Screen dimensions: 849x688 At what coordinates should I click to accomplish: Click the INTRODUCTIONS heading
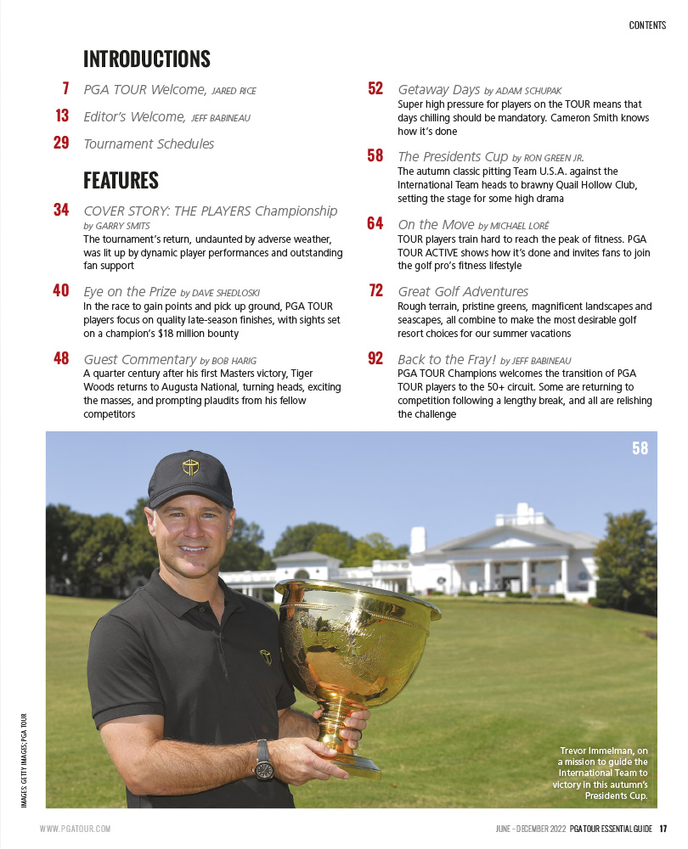click(x=146, y=59)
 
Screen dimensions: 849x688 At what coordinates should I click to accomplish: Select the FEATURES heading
click(x=121, y=181)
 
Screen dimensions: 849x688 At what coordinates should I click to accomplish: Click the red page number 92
click(x=375, y=359)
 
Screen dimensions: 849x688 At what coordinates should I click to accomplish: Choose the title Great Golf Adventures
click(x=463, y=292)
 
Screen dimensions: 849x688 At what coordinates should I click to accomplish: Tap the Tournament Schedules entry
click(x=149, y=144)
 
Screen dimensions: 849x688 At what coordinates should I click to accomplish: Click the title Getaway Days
click(x=439, y=89)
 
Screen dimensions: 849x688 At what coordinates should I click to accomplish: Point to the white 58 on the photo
click(x=640, y=447)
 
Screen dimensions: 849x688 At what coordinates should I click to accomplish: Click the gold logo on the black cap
click(x=189, y=466)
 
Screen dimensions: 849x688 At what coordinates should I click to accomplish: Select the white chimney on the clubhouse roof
click(x=417, y=539)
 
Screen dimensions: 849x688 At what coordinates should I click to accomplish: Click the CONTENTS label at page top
click(x=647, y=25)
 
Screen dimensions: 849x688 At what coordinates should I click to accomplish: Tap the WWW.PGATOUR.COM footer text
click(x=75, y=829)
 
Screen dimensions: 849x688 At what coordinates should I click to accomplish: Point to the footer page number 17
click(x=663, y=829)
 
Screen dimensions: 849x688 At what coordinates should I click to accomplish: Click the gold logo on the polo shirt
click(x=266, y=656)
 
